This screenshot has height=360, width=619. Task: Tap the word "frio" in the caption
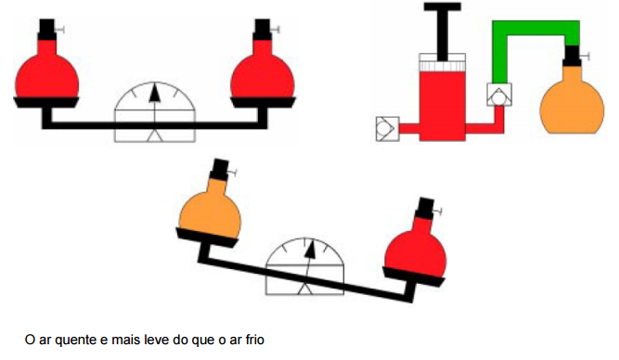(254, 340)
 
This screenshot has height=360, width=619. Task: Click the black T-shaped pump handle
(443, 28)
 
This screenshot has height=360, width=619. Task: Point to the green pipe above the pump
(536, 28)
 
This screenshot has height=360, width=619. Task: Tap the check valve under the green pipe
(499, 95)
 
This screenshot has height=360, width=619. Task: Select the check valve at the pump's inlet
(387, 129)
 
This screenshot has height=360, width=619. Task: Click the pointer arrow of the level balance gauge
(155, 94)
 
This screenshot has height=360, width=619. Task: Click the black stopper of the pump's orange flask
(572, 56)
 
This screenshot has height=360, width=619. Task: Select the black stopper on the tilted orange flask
(220, 170)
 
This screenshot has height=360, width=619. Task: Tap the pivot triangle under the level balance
(155, 135)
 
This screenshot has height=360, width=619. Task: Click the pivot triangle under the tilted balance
(304, 289)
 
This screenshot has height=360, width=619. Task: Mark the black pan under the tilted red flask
(414, 276)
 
